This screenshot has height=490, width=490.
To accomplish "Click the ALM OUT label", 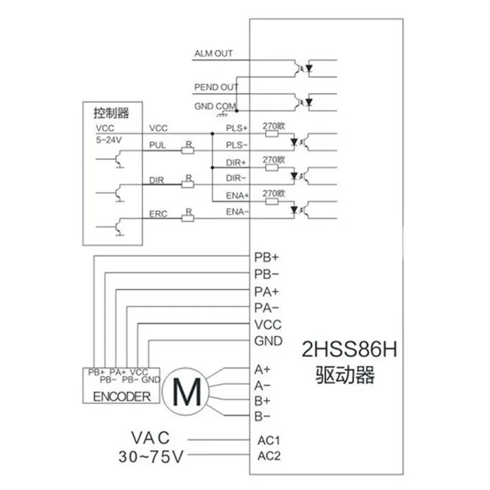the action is pyautogui.click(x=214, y=54).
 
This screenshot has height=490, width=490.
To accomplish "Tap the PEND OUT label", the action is pyautogui.click(x=216, y=87).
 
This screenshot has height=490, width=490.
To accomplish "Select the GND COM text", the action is pyautogui.click(x=215, y=106).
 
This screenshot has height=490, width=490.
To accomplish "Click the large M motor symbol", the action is pyautogui.click(x=187, y=391).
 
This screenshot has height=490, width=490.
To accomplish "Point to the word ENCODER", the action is pyautogui.click(x=122, y=397).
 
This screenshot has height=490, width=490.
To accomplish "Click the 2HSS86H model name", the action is pyautogui.click(x=350, y=349).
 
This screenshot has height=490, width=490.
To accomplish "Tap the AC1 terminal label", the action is pyautogui.click(x=269, y=440).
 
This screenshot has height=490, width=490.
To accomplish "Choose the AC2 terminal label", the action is pyautogui.click(x=269, y=456).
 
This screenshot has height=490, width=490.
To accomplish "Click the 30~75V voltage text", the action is pyautogui.click(x=151, y=457).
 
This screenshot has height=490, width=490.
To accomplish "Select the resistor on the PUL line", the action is pyautogui.click(x=188, y=151).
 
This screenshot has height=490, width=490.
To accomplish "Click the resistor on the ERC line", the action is pyautogui.click(x=188, y=218).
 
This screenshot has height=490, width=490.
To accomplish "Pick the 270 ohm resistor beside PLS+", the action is pyautogui.click(x=272, y=134).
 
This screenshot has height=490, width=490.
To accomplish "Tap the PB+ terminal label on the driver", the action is pyautogui.click(x=267, y=257).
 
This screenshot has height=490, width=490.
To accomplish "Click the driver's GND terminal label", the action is pyautogui.click(x=269, y=341).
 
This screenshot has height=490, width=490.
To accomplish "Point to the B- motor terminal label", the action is pyautogui.click(x=262, y=416).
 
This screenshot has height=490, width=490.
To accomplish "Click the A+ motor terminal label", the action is pyautogui.click(x=262, y=370).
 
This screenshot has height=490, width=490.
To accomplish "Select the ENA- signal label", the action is pyautogui.click(x=237, y=212).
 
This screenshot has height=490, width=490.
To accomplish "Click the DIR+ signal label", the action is pyautogui.click(x=236, y=163).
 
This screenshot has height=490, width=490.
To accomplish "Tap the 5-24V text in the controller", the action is pyautogui.click(x=108, y=140).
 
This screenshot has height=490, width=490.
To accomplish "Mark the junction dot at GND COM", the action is pyautogui.click(x=237, y=110).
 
